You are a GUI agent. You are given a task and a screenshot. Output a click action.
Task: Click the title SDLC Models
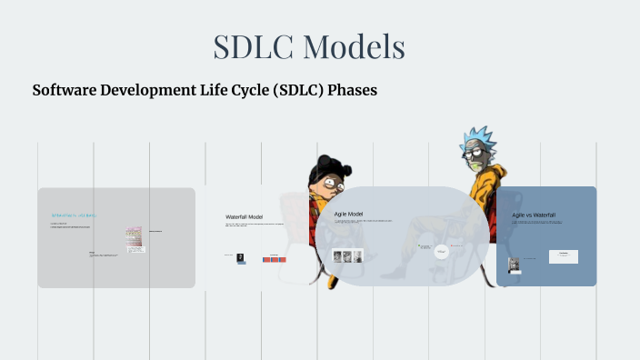[309, 46]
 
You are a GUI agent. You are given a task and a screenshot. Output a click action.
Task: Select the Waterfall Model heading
[244, 217]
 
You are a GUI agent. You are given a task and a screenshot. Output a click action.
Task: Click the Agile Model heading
[349, 214]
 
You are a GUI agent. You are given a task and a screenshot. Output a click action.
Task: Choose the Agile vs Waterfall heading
[534, 215]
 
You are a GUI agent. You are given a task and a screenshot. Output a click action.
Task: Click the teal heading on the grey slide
[73, 215]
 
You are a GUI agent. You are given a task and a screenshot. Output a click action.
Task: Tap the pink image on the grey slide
[135, 237]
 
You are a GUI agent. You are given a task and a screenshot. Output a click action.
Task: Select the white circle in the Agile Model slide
[441, 251]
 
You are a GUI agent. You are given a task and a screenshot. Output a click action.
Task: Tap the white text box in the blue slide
[564, 256]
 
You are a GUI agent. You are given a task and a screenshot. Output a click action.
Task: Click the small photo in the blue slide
[515, 265]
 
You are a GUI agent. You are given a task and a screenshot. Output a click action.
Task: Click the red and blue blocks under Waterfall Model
[275, 259]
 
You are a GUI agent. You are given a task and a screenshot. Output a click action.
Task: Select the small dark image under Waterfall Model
[240, 258]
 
